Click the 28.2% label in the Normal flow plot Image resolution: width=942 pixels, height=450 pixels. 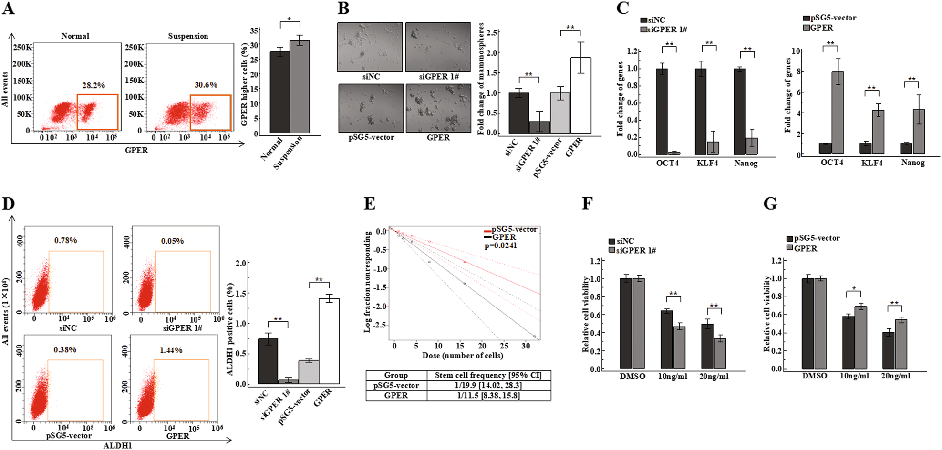pos(93,86)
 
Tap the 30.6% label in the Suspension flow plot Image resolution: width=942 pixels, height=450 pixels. pos(206,85)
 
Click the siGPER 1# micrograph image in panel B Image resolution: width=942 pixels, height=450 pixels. pos(438,47)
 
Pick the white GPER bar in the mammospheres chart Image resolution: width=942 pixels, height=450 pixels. pos(580,95)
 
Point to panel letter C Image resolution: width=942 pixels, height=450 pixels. pos(622,9)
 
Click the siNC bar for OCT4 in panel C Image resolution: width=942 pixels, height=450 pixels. pos(662,112)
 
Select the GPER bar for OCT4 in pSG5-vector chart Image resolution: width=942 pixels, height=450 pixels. pos(837,112)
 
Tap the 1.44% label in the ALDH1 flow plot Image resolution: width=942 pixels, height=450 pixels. pos(171,350)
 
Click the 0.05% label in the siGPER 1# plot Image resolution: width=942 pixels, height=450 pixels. pos(172,241)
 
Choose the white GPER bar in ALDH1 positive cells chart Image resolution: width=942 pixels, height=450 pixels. pos(329,341)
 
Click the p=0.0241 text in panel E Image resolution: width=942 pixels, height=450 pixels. pos(500,246)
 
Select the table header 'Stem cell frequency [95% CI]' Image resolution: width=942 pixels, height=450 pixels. pos(488,375)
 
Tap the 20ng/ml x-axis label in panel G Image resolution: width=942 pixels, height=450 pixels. pos(895,376)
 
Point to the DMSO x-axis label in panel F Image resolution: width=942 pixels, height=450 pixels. pos(632,377)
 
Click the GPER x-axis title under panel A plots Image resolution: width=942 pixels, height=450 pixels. pos(136,151)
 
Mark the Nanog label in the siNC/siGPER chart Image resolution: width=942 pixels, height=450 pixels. pos(745,164)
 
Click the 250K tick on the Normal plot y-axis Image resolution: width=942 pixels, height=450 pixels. pos(22,48)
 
